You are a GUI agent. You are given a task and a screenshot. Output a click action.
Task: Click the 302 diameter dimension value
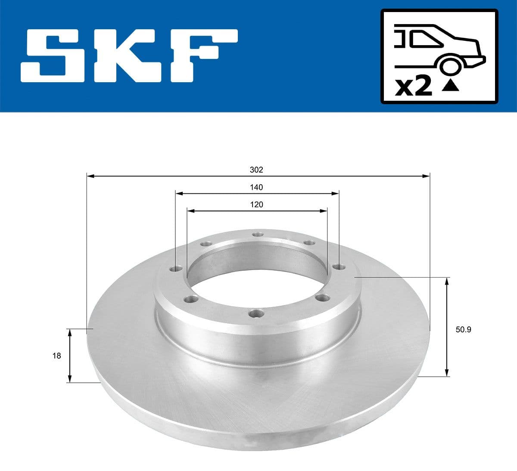(256, 170)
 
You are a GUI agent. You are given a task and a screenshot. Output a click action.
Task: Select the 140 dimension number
(256, 187)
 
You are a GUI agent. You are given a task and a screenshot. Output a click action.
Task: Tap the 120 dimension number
(256, 205)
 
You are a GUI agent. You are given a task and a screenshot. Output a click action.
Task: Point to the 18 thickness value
(56, 356)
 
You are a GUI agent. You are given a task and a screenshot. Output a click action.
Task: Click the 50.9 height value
(464, 330)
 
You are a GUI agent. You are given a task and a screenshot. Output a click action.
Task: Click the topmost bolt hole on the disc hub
(258, 234)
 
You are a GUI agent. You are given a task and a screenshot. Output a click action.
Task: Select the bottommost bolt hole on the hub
(256, 314)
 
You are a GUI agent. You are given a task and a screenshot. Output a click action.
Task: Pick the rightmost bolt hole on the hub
(337, 267)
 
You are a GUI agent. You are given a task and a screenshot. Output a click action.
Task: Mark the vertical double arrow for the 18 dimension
(69, 356)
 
